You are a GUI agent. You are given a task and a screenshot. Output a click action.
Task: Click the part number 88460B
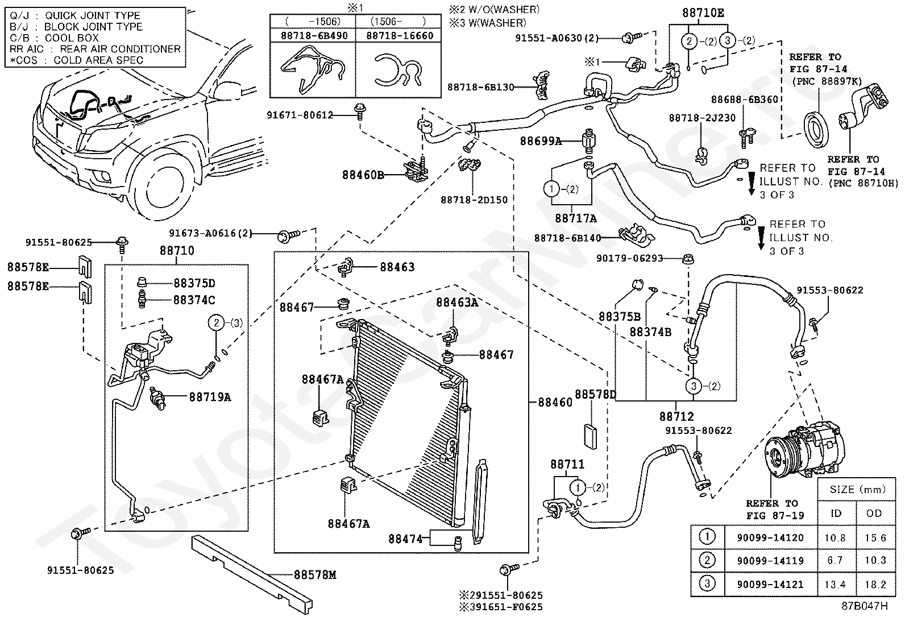pyautogui.click(x=363, y=175)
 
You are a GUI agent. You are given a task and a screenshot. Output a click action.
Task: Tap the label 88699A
pyautogui.click(x=541, y=141)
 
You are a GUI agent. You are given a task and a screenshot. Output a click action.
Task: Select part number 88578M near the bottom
pyautogui.click(x=315, y=574)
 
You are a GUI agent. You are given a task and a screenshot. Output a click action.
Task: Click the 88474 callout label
pyautogui.click(x=405, y=539)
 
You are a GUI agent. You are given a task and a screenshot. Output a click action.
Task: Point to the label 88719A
pyautogui.click(x=210, y=397)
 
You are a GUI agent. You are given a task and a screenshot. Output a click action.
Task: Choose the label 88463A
pyautogui.click(x=457, y=303)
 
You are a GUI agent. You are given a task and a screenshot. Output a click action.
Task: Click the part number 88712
pyautogui.click(x=676, y=416)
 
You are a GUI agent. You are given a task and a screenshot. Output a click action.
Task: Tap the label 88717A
pyautogui.click(x=576, y=218)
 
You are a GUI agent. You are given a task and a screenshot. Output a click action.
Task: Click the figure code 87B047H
pyautogui.click(x=865, y=606)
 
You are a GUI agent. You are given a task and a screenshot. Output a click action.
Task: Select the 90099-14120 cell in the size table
pyautogui.click(x=770, y=537)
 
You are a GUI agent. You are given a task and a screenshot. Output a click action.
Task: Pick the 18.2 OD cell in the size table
pyautogui.click(x=875, y=585)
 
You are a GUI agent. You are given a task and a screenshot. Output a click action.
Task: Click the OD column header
pyautogui.click(x=874, y=514)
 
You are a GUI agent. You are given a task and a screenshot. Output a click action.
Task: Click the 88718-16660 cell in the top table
pyautogui.click(x=400, y=36)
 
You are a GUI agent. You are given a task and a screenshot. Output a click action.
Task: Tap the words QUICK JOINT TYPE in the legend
pyautogui.click(x=93, y=15)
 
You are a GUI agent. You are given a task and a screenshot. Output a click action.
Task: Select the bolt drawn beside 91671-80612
pyautogui.click(x=359, y=112)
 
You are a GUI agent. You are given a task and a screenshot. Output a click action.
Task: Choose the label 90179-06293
pyautogui.click(x=629, y=258)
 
